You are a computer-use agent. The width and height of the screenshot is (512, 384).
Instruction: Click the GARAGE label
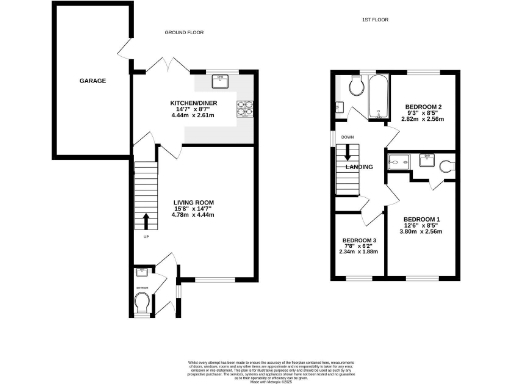94,80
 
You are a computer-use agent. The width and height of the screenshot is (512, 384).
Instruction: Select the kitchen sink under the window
219,82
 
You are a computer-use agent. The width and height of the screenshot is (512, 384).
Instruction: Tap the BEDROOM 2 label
423,106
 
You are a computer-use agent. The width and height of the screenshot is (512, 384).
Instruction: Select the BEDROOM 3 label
359,240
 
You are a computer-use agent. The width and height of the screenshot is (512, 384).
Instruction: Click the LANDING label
360,166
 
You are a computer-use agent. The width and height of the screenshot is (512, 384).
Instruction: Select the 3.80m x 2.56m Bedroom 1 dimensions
422,234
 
